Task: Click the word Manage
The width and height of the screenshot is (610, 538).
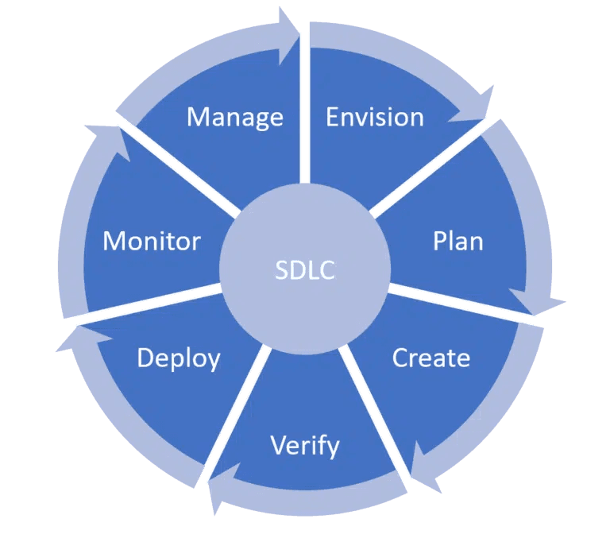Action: tap(234, 118)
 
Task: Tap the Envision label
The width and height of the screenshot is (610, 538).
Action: tap(375, 118)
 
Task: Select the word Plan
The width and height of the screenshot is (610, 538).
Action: tap(458, 241)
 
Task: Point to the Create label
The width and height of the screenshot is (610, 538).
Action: tap(431, 358)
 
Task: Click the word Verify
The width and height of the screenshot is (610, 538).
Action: tap(305, 445)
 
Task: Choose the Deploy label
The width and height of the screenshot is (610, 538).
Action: tap(178, 358)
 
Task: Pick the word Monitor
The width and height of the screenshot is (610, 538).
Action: tap(152, 241)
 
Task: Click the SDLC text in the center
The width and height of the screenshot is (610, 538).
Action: tap(304, 270)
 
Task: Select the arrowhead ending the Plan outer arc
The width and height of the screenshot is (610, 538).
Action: tap(540, 302)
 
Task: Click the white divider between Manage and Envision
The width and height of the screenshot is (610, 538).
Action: tap(304, 119)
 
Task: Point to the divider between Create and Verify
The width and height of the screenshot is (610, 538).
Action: tap(373, 413)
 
